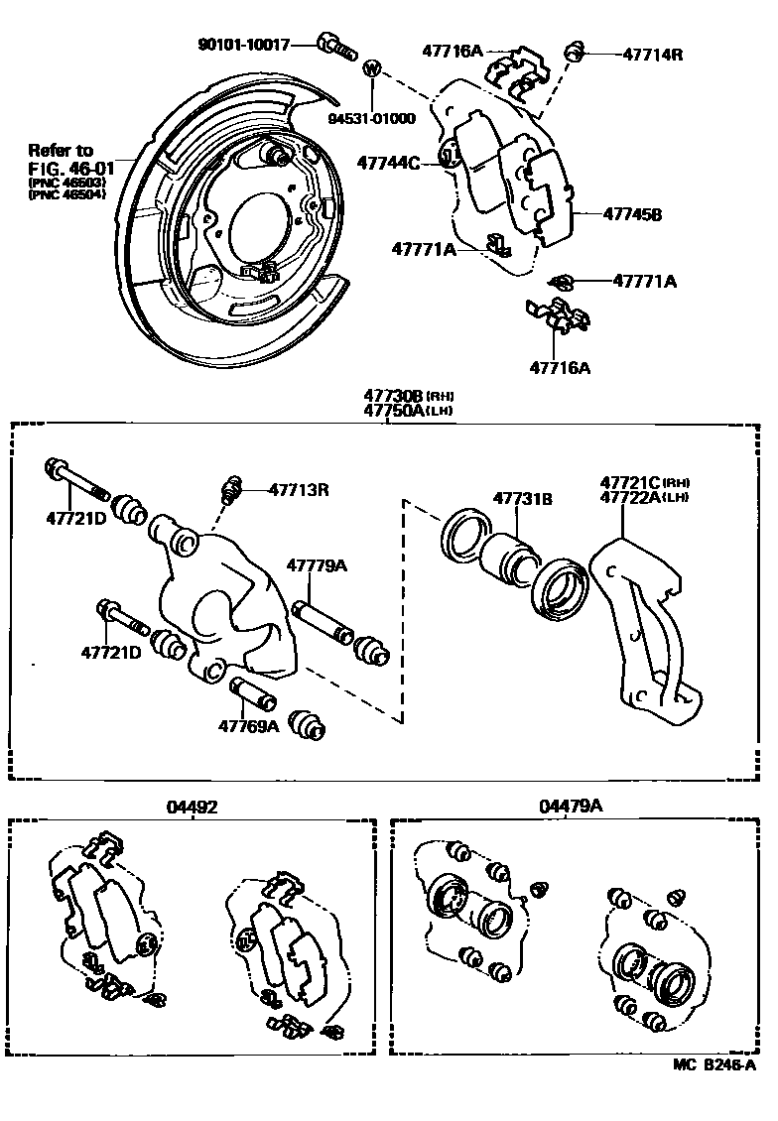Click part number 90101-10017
(243, 45)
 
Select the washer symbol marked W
(372, 69)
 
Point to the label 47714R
(653, 54)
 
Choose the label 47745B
(632, 213)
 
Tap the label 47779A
(318, 565)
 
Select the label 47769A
(249, 726)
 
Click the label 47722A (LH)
(635, 498)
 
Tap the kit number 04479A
(571, 807)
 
